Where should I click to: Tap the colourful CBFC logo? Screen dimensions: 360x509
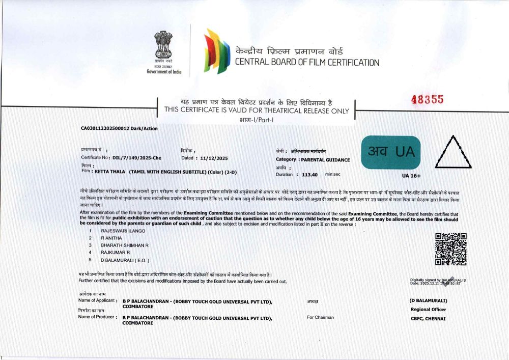[x=216, y=51]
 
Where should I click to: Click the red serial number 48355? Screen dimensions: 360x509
[x=428, y=100]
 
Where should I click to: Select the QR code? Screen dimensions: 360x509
[x=450, y=249]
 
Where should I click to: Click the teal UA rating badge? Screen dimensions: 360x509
[x=391, y=152]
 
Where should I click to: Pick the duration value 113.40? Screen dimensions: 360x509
[x=309, y=174]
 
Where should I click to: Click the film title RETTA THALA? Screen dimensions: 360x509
[x=109, y=172]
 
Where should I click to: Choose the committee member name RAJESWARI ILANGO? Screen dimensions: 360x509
[x=123, y=231]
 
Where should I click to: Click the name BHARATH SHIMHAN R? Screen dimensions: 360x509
[x=124, y=245]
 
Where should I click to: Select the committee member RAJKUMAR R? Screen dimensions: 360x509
[x=116, y=252]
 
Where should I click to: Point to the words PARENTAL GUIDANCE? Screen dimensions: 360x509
[x=325, y=160]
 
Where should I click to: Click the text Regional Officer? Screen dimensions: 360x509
[x=428, y=309]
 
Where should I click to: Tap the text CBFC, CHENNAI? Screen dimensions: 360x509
[x=428, y=319]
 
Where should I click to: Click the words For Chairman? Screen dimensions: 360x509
[x=320, y=317]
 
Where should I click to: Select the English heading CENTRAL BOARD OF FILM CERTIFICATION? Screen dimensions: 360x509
[x=307, y=63]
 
